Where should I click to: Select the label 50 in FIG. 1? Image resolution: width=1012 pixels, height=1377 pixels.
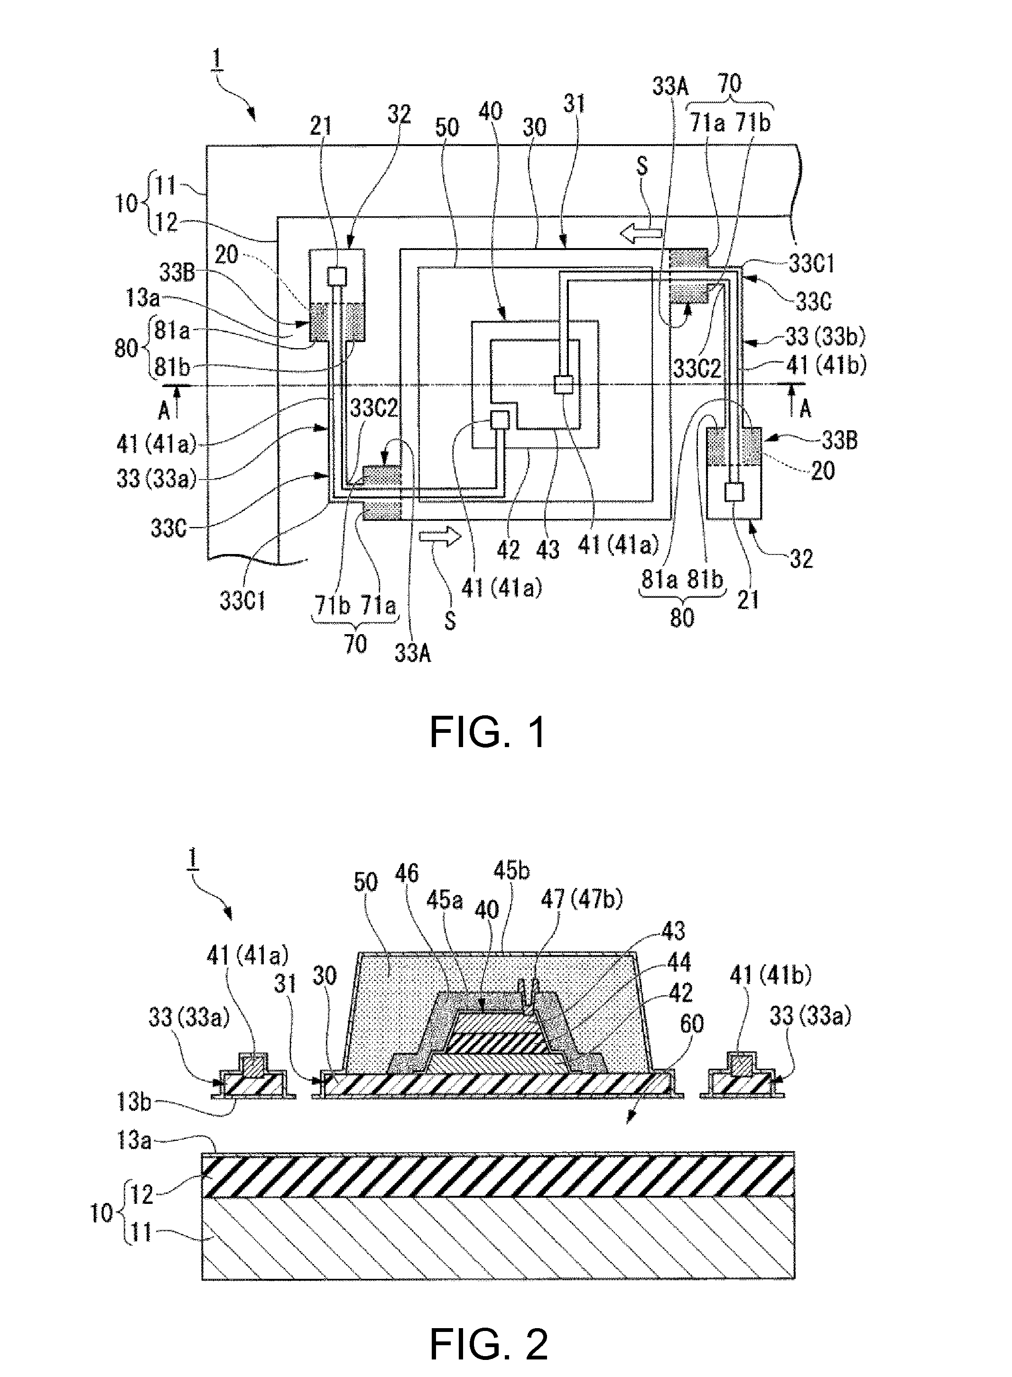click(447, 127)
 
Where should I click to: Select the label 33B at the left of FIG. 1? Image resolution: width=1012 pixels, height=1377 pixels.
click(177, 272)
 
